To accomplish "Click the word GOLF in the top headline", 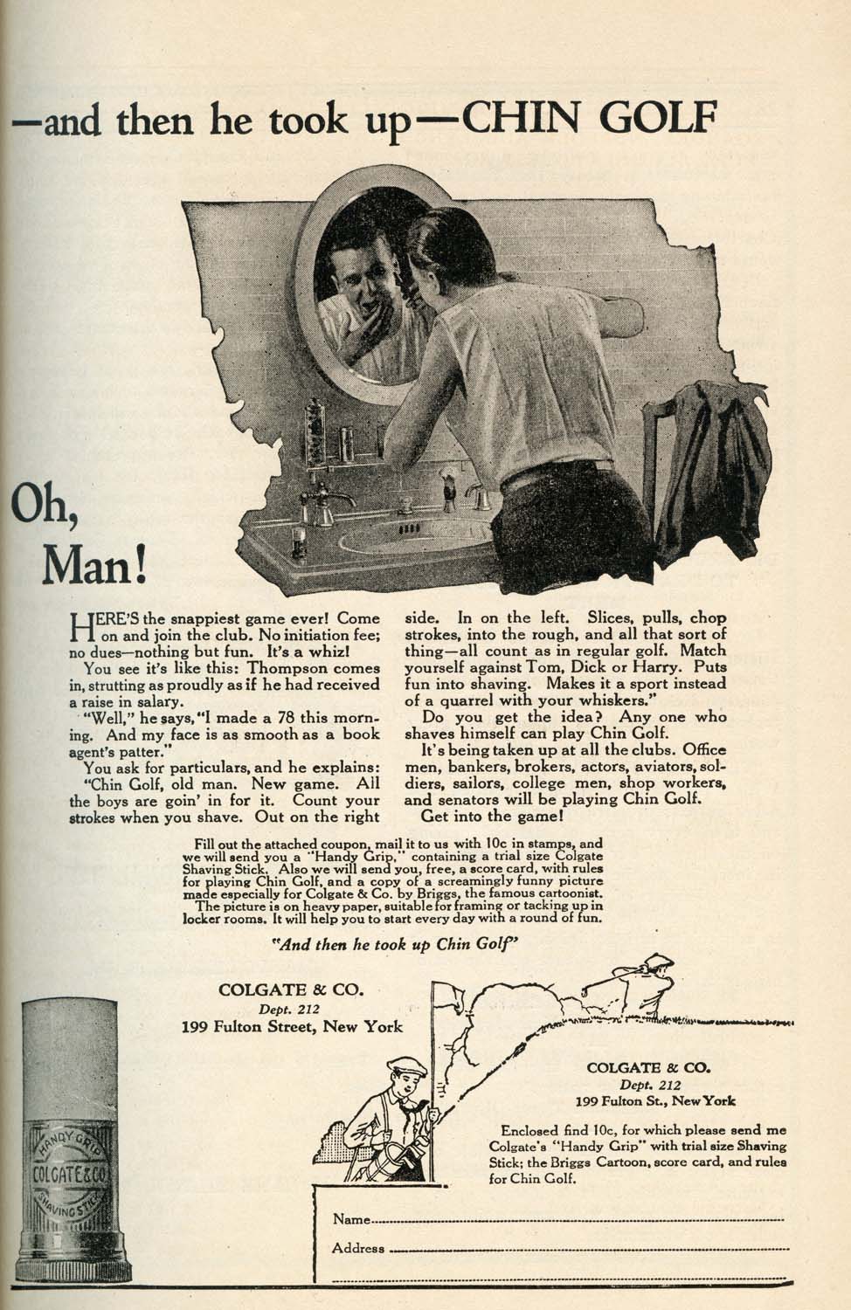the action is tap(658, 118).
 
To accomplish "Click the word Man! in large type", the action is tap(93, 566).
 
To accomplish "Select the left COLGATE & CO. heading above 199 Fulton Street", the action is tap(291, 989).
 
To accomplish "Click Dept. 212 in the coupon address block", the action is tap(650, 1085).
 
